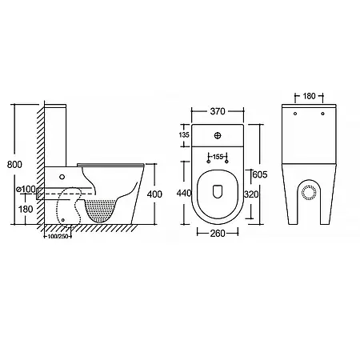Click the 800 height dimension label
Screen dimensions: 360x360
point(14,165)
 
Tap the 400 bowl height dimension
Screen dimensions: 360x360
point(154,194)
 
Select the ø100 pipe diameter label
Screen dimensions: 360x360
point(26,189)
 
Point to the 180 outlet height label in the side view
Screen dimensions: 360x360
point(26,209)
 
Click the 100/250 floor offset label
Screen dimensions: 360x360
point(58,236)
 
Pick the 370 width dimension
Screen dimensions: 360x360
point(218,111)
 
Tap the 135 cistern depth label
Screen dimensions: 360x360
point(184,135)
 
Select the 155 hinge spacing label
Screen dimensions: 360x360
point(218,157)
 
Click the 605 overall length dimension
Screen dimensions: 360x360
point(260,174)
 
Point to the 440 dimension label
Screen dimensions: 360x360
point(184,193)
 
